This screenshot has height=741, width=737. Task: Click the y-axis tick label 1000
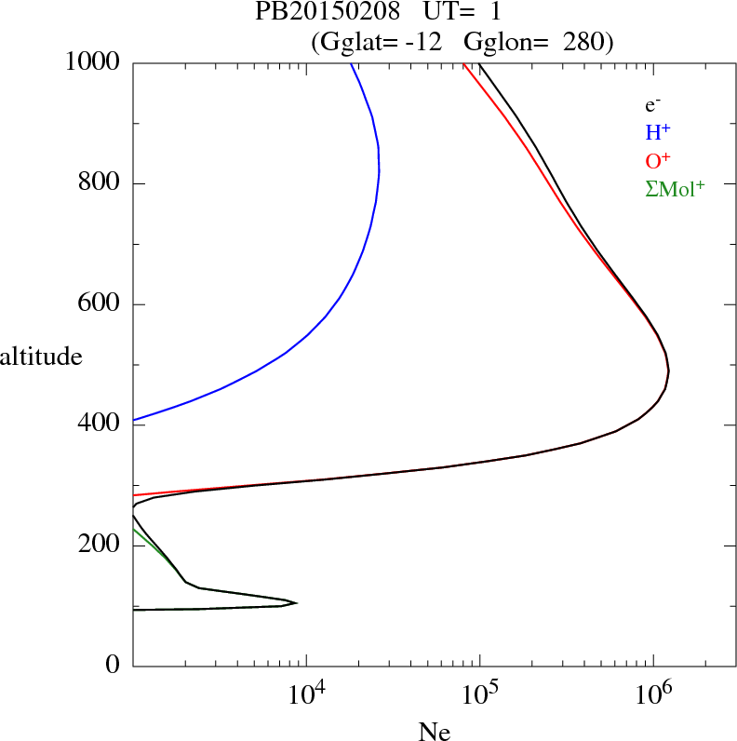(x=93, y=62)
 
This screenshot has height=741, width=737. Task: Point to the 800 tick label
(x=100, y=183)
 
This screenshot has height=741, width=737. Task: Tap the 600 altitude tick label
(x=100, y=304)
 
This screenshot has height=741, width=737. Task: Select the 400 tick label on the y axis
(x=100, y=424)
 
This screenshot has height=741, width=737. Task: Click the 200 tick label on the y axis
(x=100, y=546)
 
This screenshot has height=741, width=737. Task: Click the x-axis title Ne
(x=434, y=732)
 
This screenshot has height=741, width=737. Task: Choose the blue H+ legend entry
(x=658, y=132)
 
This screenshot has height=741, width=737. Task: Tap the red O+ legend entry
(x=658, y=160)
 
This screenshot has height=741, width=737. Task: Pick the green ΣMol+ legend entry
(x=675, y=188)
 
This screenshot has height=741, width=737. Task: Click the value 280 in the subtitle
(x=583, y=42)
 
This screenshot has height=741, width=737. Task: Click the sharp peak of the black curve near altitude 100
(x=296, y=602)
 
